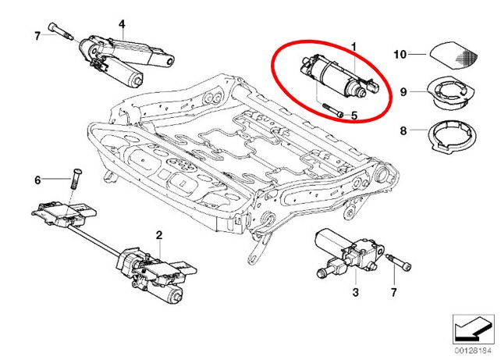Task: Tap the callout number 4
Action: (122, 23)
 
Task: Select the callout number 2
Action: (158, 234)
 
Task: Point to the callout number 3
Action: (354, 293)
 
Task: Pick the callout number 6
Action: (36, 180)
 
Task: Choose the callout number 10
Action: (400, 55)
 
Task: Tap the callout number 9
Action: (403, 92)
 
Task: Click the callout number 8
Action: (403, 131)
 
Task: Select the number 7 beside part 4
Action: (37, 35)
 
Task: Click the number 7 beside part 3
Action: (393, 293)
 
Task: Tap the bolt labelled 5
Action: (332, 110)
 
